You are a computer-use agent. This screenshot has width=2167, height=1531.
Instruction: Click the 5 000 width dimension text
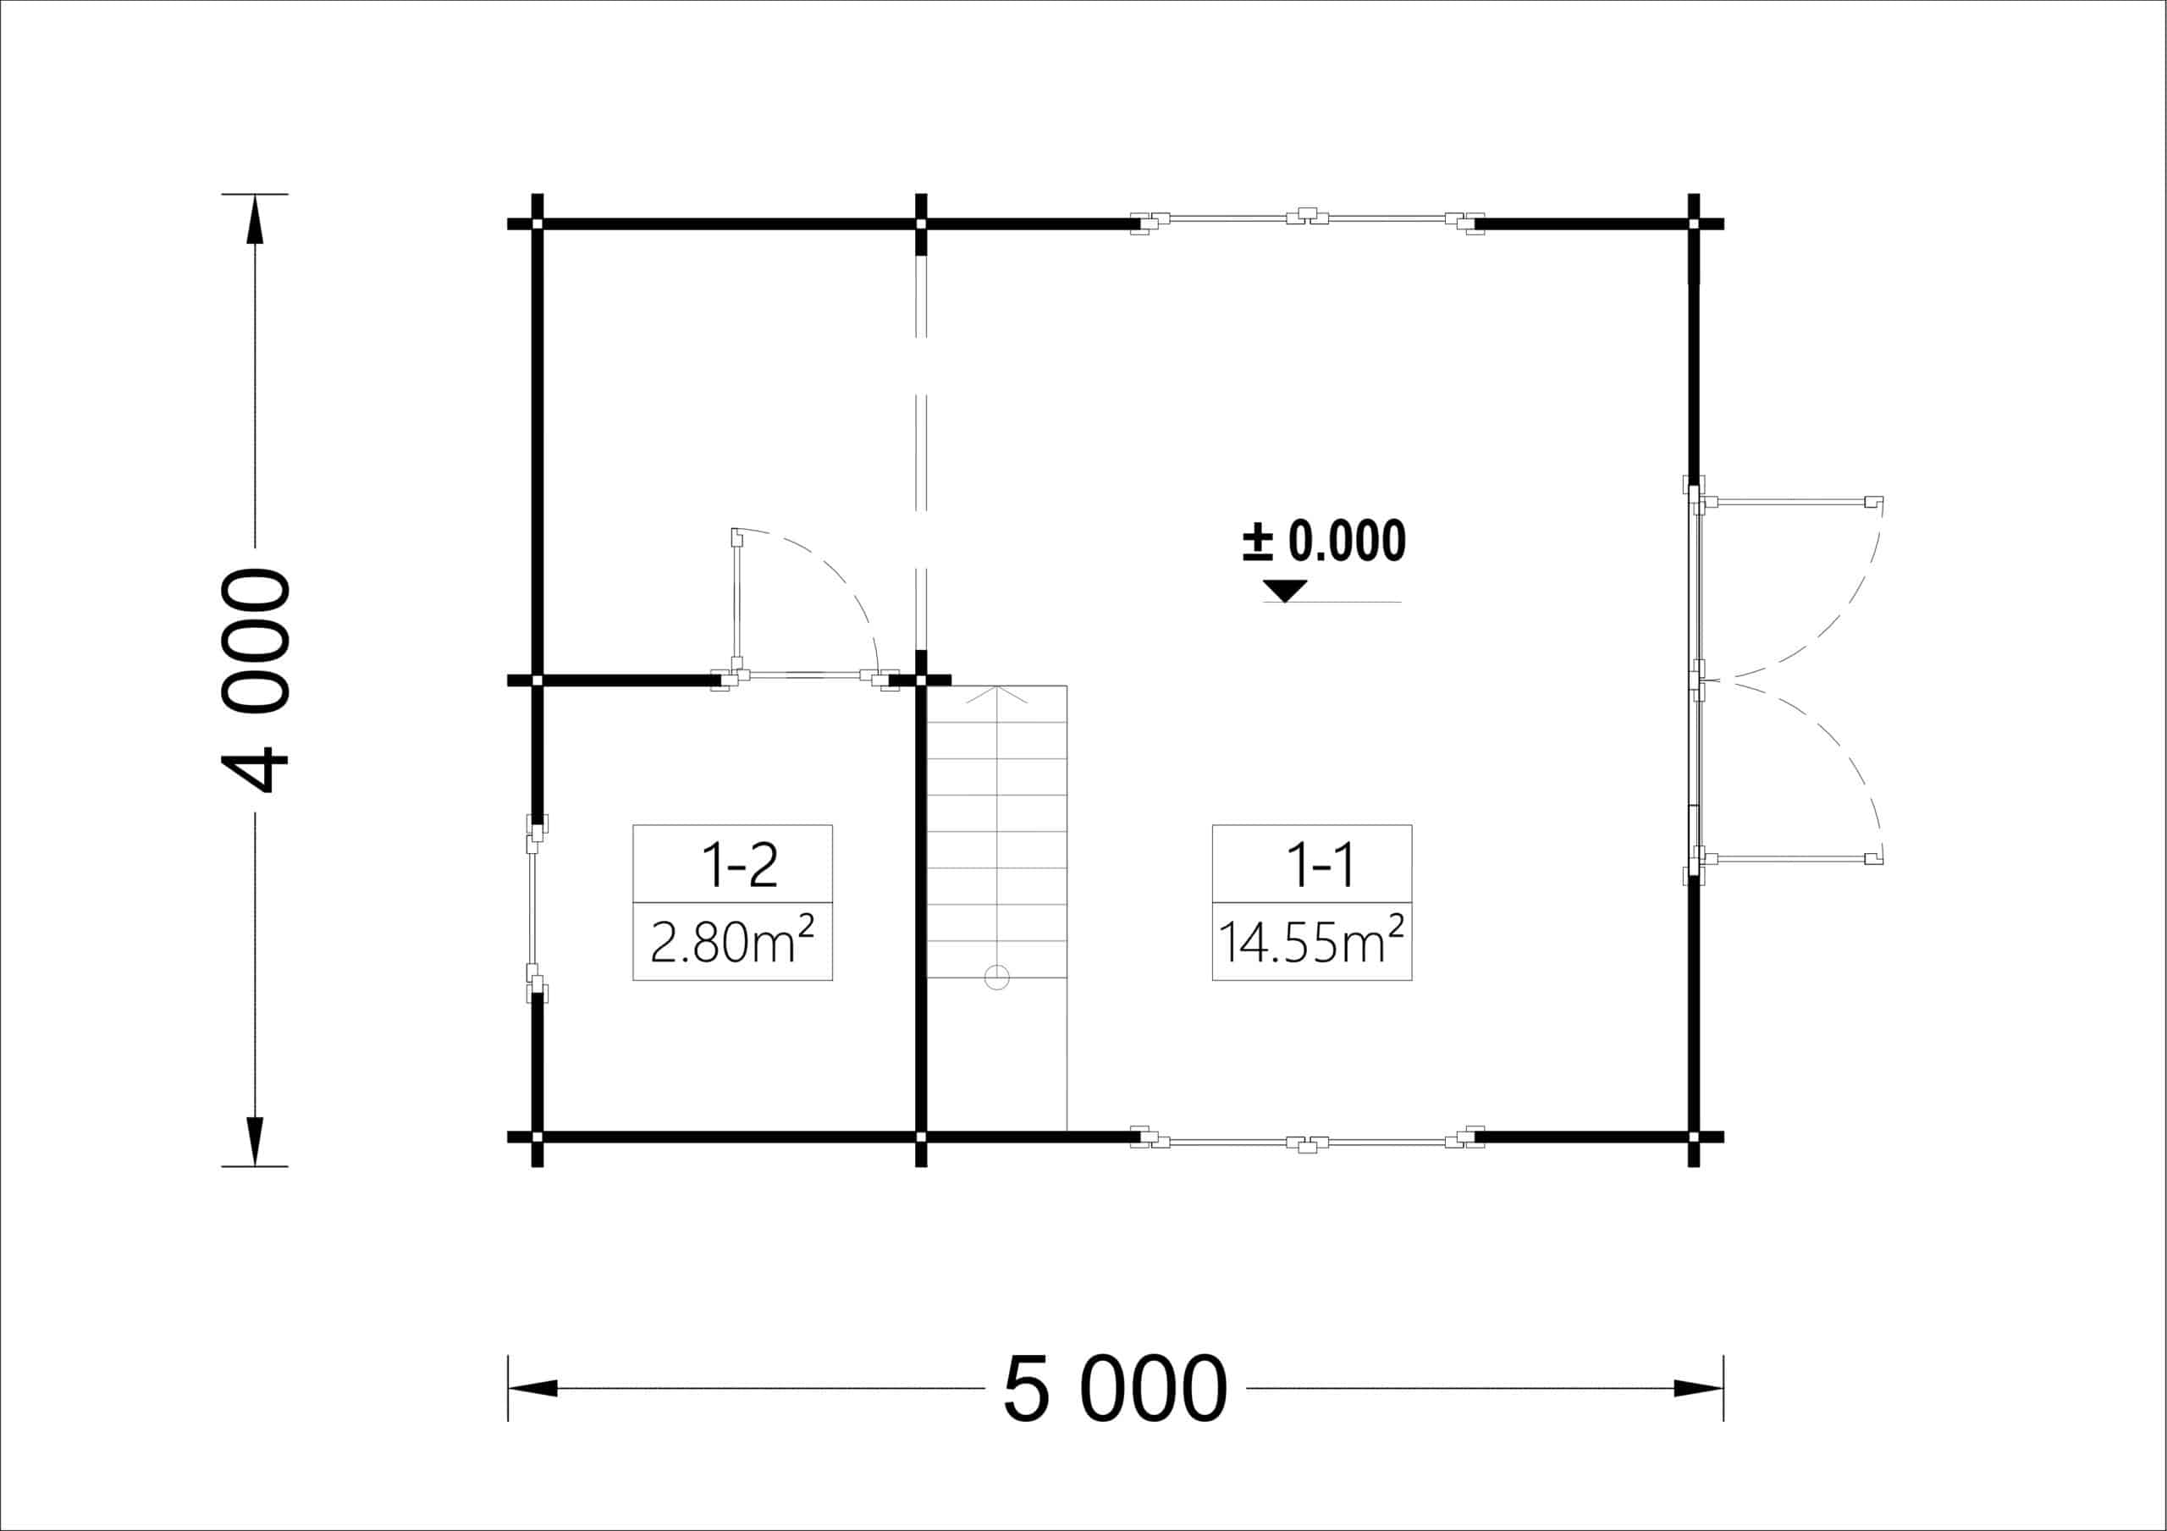pyautogui.click(x=1115, y=1389)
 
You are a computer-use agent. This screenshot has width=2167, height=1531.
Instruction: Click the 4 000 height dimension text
pyautogui.click(x=255, y=680)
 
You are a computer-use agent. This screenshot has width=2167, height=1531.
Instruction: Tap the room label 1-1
pyautogui.click(x=1321, y=865)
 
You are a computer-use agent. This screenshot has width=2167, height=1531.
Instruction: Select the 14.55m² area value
pyautogui.click(x=1311, y=940)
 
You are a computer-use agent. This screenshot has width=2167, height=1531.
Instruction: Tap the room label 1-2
pyautogui.click(x=739, y=865)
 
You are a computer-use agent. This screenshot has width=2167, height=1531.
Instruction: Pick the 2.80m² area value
pyautogui.click(x=732, y=940)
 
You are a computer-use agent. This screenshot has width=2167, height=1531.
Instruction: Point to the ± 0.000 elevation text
pyautogui.click(x=1324, y=541)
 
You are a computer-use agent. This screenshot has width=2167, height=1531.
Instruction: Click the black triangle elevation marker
pyautogui.click(x=1284, y=591)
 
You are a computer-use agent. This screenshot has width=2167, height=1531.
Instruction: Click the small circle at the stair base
pyautogui.click(x=996, y=977)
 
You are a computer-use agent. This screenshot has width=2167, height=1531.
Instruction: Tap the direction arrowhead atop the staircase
pyautogui.click(x=996, y=695)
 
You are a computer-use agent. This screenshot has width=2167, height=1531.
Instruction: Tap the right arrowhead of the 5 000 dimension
pyautogui.click(x=1698, y=1389)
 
